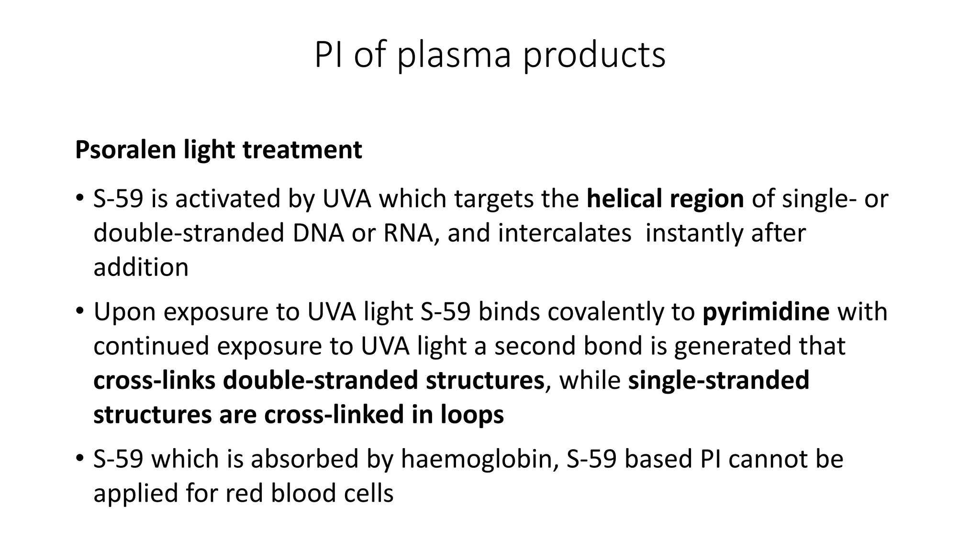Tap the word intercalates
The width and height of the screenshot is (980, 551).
[564, 233]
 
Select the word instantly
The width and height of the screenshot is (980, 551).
[694, 233]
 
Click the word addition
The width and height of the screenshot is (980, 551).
[141, 267]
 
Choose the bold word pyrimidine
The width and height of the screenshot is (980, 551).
[766, 312]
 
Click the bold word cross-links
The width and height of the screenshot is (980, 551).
[154, 381]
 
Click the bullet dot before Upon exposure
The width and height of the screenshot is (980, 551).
[79, 311]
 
